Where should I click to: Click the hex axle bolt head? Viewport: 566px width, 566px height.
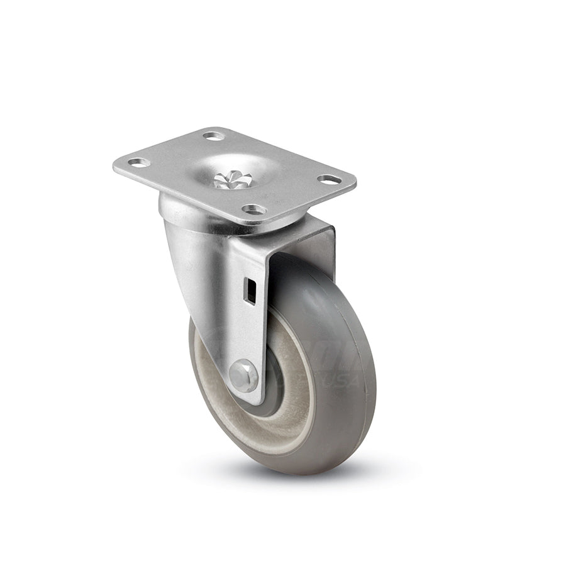pos(243,376)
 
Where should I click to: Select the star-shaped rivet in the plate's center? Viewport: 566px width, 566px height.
pos(232,180)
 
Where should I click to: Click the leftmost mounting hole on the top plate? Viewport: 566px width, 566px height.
pos(138,162)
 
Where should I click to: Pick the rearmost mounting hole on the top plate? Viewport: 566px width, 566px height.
pos(213,136)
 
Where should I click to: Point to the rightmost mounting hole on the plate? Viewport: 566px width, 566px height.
pos(329,180)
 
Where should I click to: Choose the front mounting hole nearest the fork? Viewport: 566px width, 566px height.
pos(254,209)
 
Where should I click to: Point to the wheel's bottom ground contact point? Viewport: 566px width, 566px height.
pos(296,472)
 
